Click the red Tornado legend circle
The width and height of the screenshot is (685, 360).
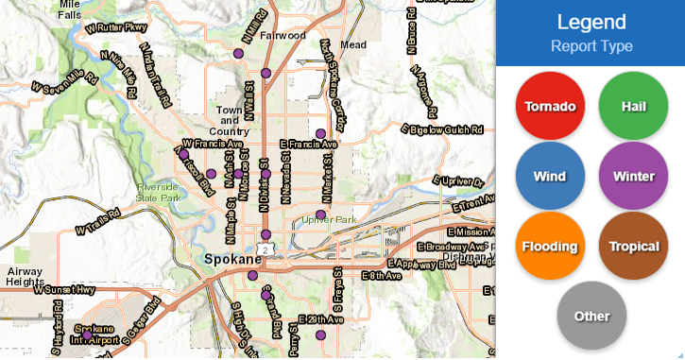coord(551,105)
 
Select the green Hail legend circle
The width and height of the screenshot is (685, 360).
coord(633,105)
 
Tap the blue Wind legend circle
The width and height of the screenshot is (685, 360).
coord(551,176)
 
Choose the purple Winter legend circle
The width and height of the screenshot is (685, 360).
coord(633,176)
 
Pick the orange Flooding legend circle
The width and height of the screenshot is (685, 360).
coord(551,247)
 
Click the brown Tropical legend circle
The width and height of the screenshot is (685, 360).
coord(633,247)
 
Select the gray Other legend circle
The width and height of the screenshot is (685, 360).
coord(591,317)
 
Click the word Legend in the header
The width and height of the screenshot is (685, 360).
coord(591,22)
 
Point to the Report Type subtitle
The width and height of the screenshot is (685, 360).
coord(591,45)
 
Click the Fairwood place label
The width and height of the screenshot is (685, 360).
coord(283,36)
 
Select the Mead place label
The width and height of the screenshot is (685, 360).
coord(353,44)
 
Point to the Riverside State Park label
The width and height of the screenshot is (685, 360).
coord(157,192)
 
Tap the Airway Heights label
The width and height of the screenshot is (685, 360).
coord(24,276)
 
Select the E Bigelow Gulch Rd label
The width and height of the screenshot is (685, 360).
coord(442,128)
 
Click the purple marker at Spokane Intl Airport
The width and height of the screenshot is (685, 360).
coord(88,334)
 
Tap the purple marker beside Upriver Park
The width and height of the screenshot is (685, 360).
coord(321,214)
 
